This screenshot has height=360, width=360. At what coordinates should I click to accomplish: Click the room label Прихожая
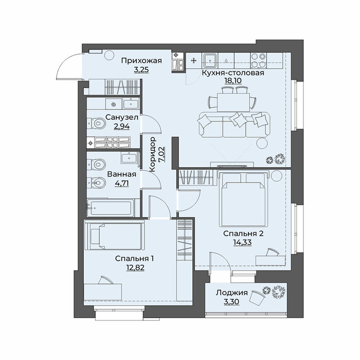point(141,61)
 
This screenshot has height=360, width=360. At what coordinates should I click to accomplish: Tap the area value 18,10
point(233,81)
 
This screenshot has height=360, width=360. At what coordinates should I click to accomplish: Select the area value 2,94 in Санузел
point(122,127)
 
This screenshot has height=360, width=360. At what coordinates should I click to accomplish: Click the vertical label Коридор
point(153,154)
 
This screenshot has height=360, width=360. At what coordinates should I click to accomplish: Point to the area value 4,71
point(122,183)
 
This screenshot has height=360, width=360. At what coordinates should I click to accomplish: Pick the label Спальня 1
point(135,259)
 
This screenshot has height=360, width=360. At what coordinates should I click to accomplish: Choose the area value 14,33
point(242,242)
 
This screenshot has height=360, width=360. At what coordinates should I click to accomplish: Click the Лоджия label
point(231,293)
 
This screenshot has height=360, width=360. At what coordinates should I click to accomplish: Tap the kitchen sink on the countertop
point(210,60)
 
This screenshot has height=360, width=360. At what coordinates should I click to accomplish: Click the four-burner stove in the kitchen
point(258,61)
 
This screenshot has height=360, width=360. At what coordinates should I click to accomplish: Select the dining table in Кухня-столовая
point(233,102)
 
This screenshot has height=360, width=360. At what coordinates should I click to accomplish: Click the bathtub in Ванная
point(110,208)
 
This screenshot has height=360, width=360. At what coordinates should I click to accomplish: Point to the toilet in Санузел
point(97,123)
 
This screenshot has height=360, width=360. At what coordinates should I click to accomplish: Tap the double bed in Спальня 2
point(243,199)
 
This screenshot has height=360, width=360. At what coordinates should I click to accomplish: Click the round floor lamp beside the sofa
point(262,143)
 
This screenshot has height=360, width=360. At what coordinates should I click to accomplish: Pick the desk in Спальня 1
point(103,291)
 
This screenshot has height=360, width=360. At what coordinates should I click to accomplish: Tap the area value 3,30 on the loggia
point(231,301)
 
